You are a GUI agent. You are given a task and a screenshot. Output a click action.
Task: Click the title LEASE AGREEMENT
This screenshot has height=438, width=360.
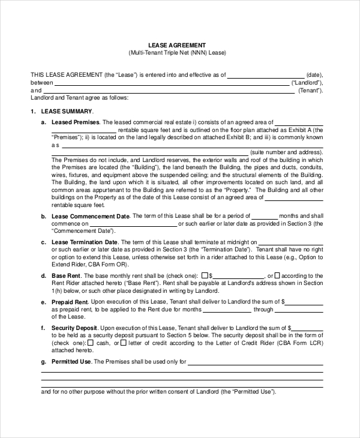177,45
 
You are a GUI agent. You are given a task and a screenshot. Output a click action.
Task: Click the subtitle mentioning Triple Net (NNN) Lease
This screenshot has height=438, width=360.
177,53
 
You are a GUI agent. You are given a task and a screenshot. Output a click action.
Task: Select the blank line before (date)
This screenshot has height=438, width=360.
266,76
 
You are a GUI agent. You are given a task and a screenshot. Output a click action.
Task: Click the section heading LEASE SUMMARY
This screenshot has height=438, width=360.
67,112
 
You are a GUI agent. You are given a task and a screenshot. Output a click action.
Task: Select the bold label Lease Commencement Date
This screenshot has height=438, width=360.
91,216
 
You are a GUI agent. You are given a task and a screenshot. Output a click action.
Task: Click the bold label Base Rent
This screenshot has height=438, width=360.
67,275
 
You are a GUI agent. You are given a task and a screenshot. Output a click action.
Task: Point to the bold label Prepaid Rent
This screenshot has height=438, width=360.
70,302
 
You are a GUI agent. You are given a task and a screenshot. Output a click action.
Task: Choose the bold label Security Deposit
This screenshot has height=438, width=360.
75,328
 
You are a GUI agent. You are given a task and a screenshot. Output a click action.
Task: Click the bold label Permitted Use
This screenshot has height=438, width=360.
72,362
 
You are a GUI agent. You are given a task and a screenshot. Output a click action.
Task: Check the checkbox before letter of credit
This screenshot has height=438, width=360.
124,344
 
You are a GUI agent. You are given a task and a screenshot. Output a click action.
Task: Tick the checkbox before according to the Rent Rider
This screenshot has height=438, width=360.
279,276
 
